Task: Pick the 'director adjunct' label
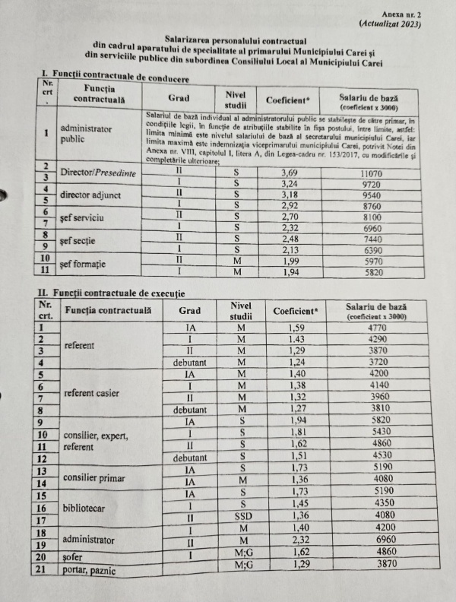click(89, 195)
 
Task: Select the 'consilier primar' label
click(93, 477)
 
